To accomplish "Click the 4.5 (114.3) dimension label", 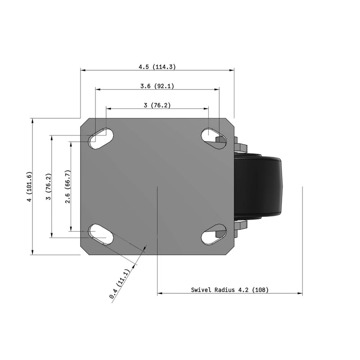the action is tap(157, 67).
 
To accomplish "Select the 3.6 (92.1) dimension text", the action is tap(157, 86).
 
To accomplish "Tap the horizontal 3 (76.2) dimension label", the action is tap(157, 105).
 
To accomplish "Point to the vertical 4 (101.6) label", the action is tap(29, 186).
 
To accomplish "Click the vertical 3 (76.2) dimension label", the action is tap(49, 186).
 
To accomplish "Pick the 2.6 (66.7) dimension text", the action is tap(67, 186).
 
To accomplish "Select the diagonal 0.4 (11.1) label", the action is tap(119, 284).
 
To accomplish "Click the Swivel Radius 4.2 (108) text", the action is tap(230, 290).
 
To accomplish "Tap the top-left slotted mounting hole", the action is tap(101, 139).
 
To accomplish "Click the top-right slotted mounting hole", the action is tap(214, 139).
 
